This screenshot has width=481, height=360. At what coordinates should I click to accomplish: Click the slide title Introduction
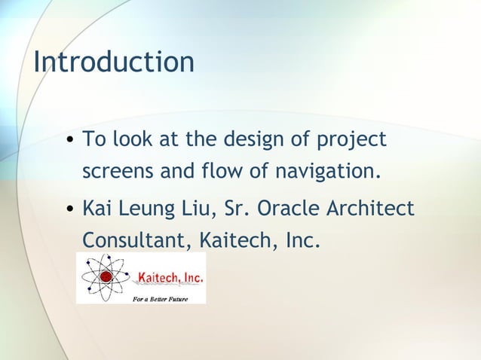(x=114, y=62)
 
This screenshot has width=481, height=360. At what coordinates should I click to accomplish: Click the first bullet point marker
(x=69, y=141)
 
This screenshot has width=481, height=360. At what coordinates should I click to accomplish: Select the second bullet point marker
(x=69, y=208)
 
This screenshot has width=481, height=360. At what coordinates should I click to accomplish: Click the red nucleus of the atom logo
(x=106, y=277)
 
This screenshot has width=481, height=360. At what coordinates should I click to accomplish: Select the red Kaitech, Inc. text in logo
(x=169, y=278)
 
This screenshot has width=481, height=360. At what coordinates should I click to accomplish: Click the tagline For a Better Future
(x=165, y=298)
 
